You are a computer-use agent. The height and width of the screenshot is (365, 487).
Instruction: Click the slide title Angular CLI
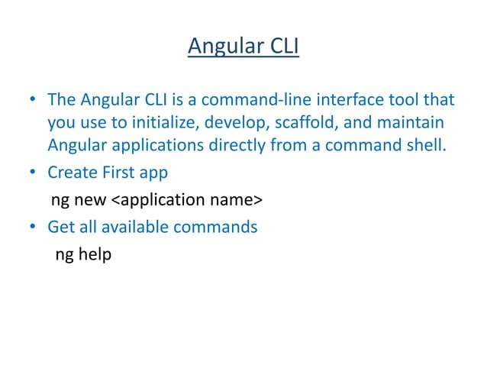click(243, 47)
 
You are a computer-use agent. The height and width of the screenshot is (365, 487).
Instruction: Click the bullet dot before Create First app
click(33, 173)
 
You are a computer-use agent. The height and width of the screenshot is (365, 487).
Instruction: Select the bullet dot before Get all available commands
click(33, 228)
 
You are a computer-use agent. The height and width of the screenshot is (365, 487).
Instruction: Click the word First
click(118, 173)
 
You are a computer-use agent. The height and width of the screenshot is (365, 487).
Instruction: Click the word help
click(93, 254)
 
